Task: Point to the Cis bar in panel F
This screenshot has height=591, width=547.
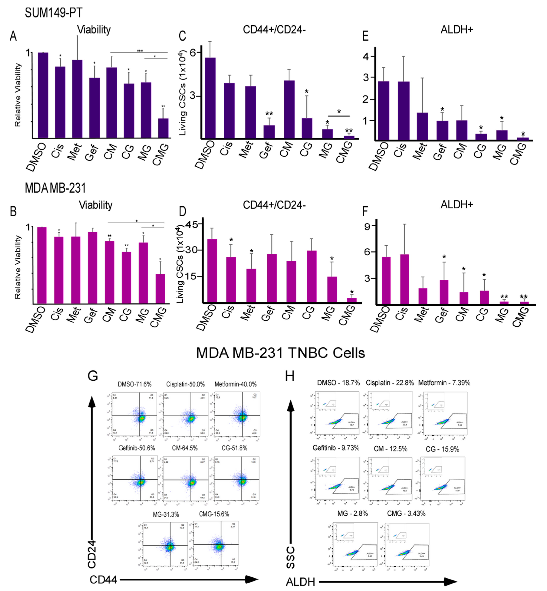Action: [404, 279]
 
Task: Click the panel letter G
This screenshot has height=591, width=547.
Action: [93, 376]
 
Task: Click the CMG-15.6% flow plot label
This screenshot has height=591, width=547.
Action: [214, 514]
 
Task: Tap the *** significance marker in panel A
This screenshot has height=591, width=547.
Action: [140, 51]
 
